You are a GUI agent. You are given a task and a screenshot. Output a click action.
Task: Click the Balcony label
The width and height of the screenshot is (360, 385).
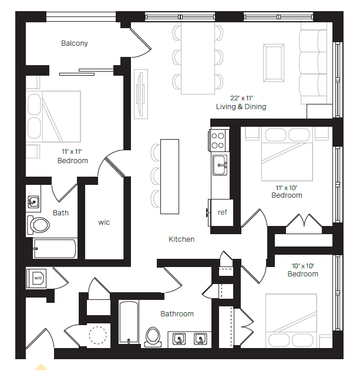click(75, 43)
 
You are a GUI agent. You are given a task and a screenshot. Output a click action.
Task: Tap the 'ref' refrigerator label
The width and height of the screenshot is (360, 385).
click(223, 212)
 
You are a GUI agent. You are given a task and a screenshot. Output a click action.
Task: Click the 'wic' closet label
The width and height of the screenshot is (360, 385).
click(104, 222)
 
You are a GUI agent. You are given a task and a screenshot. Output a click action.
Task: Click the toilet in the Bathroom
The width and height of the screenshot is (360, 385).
click(153, 336)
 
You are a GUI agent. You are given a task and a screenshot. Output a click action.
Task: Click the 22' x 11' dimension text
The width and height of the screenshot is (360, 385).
click(241, 97)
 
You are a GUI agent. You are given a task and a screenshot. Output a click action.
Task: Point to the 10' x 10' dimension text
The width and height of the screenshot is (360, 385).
click(302, 265)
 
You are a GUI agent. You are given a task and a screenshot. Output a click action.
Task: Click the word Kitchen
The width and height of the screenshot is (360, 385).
click(181, 239)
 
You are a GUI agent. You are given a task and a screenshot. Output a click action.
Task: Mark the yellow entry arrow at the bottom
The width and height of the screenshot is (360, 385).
click(41, 367)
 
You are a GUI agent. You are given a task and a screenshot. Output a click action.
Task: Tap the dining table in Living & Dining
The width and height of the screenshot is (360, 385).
click(198, 58)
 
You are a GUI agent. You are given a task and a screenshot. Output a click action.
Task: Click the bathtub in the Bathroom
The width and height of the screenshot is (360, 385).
click(128, 323)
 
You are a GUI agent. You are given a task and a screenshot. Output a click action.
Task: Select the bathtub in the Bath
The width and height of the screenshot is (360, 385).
click(55, 248)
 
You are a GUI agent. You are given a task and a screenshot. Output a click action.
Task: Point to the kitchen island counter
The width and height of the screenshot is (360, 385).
click(170, 177)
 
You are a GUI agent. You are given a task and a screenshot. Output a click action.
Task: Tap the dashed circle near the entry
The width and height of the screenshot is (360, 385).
click(97, 335)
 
